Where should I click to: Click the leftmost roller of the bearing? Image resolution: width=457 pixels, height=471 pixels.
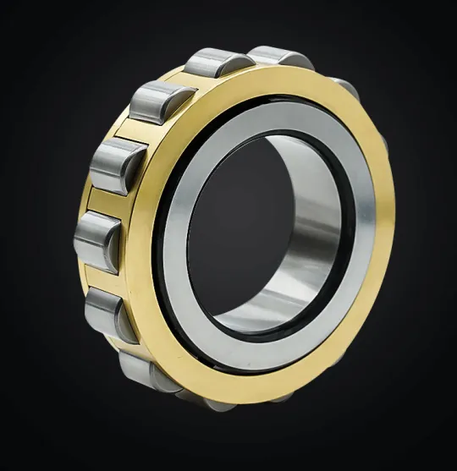(95, 240)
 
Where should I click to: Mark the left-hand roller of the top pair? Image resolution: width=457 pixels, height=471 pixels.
(216, 63)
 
